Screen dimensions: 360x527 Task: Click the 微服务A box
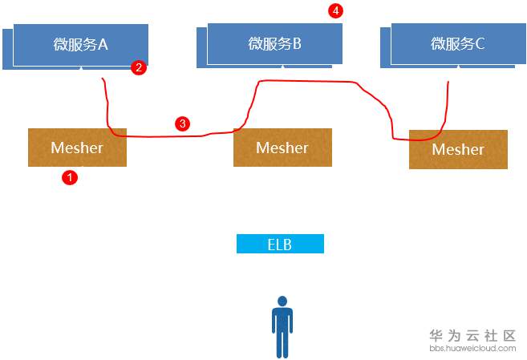point(80,44)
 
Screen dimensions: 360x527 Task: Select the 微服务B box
point(274,43)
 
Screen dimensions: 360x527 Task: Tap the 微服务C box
point(458,43)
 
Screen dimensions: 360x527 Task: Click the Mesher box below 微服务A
point(77,148)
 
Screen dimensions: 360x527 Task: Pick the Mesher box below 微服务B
point(282,148)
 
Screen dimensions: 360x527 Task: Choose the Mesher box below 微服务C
point(458,149)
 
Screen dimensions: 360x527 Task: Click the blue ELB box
point(280,244)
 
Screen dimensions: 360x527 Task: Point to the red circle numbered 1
point(70,178)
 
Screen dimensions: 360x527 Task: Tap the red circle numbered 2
point(139,68)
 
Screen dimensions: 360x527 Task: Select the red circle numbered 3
point(183,123)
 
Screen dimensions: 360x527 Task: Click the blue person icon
point(282,329)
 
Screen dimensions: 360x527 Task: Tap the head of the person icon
point(282,301)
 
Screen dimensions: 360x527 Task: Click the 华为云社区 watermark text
point(472,336)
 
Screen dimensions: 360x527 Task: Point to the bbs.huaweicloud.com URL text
point(472,349)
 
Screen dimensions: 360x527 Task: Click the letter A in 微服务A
point(103,44)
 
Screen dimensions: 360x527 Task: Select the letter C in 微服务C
point(480,43)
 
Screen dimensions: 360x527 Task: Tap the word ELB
point(280,244)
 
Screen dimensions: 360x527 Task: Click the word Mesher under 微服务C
point(458,149)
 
